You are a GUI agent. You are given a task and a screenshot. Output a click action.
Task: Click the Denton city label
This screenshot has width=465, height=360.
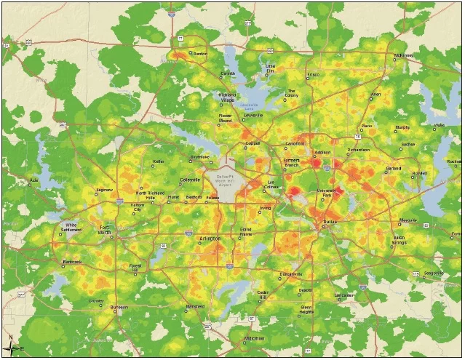201,54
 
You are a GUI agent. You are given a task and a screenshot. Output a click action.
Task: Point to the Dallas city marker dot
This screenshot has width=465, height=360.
324,221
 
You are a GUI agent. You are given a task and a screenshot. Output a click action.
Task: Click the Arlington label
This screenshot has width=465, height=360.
210,238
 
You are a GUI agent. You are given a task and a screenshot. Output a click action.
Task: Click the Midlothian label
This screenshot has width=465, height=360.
253,339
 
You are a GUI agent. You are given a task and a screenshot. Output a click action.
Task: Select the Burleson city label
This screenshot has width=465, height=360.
119,308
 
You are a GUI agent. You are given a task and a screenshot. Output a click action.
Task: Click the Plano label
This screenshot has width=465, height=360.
367,126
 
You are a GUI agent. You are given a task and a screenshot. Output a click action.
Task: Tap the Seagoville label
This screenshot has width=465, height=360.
434,273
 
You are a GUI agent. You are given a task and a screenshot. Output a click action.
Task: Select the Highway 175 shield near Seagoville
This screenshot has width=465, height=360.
416,274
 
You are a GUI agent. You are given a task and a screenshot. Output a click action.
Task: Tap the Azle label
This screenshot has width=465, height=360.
33,180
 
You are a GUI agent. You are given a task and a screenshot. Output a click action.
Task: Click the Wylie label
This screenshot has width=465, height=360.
440,125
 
